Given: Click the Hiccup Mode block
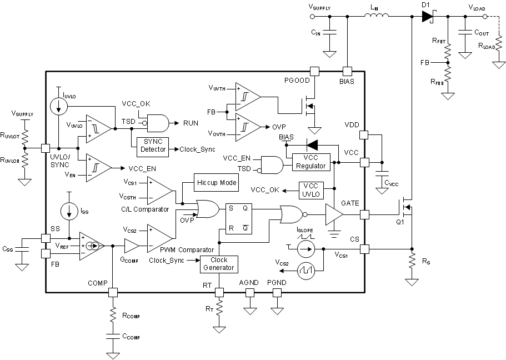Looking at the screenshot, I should [x=216, y=182].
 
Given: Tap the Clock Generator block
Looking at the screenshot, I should [x=218, y=264].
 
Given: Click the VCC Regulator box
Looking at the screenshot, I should [x=312, y=162].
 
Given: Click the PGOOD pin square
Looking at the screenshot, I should [x=314, y=71].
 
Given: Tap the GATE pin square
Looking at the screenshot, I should [x=364, y=214].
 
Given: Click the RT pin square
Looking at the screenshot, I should [x=219, y=291].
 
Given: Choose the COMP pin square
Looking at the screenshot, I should [x=113, y=291].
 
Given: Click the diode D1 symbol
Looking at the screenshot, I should [x=427, y=17].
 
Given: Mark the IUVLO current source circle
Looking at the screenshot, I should [x=58, y=107].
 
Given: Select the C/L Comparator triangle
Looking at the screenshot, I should [x=159, y=189].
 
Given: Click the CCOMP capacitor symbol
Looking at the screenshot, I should [x=113, y=337].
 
